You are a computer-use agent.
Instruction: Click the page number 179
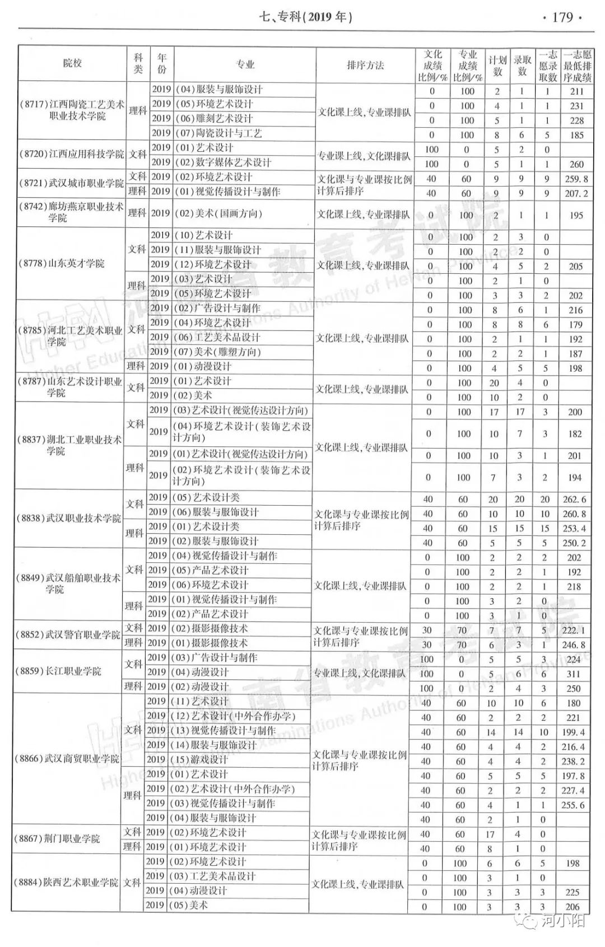pos(562,17)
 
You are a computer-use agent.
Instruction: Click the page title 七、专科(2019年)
pos(306,17)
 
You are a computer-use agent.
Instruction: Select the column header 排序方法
pos(365,65)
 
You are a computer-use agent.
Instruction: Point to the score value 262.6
pos(574,500)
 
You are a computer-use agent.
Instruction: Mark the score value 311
pos(573,674)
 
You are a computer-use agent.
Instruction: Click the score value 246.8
pos(574,645)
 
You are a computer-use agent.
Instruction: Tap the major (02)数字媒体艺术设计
pos(223,162)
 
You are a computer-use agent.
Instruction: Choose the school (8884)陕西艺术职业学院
pos(66,883)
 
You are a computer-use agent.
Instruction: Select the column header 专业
pos(245,65)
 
